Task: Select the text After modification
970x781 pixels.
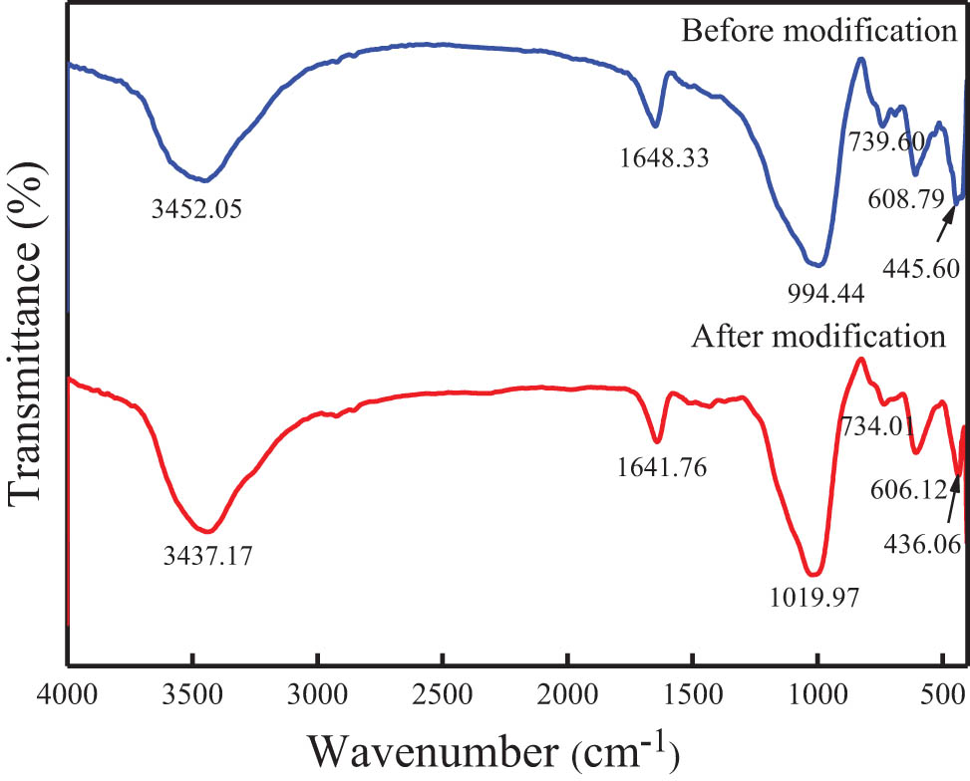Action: coord(818,335)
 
